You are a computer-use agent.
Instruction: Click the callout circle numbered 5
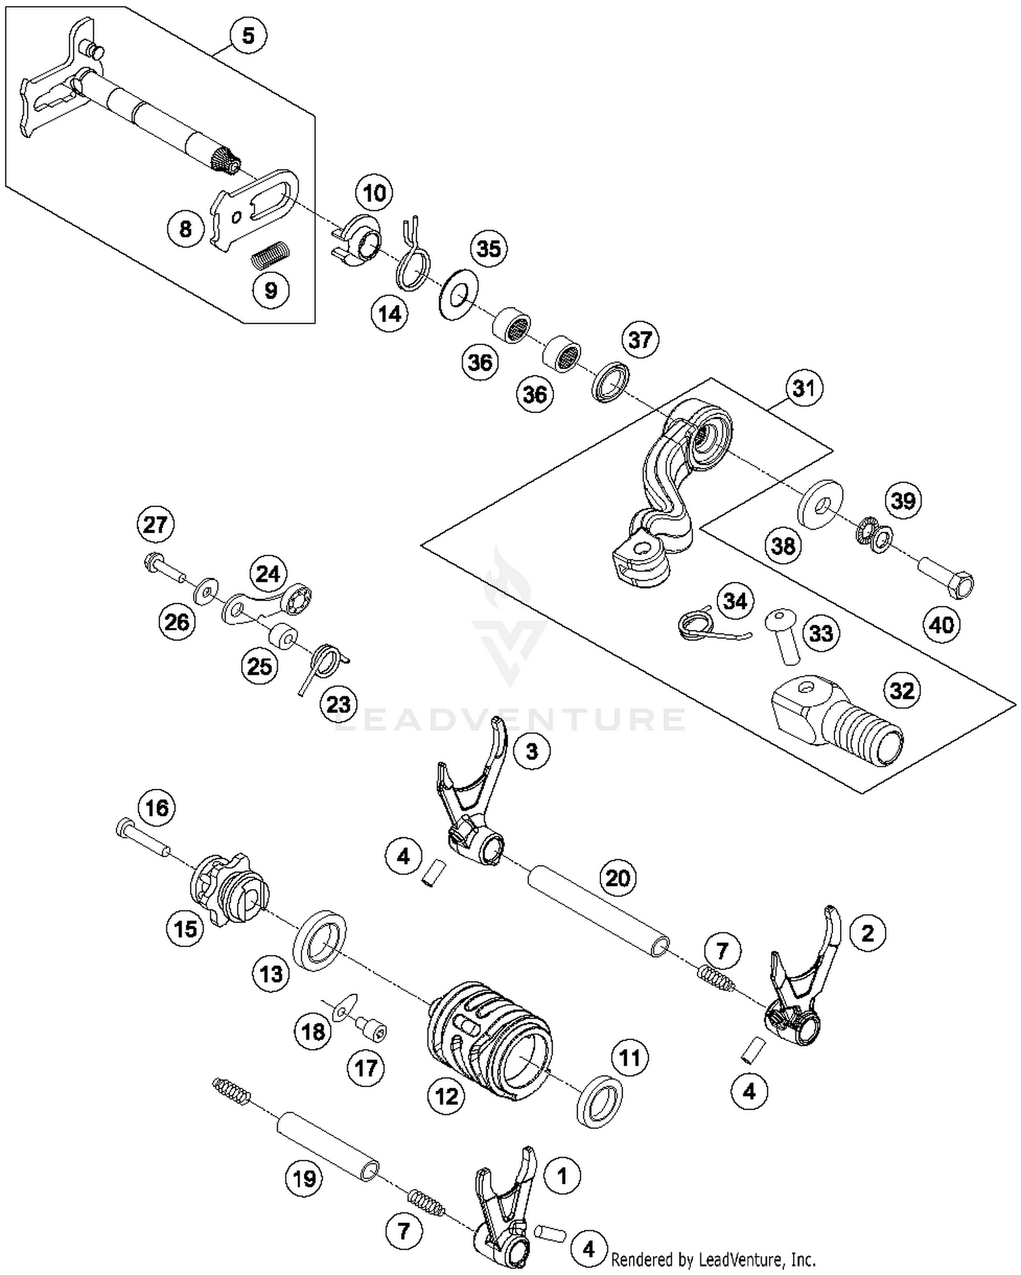pyautogui.click(x=248, y=35)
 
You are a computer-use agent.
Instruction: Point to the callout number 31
pyautogui.click(x=804, y=389)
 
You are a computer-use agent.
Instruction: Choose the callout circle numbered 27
pyautogui.click(x=155, y=525)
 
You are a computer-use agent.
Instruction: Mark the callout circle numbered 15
pyautogui.click(x=185, y=929)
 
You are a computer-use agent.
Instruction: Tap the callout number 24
pyautogui.click(x=268, y=575)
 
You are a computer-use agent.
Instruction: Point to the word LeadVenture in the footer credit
pyautogui.click(x=735, y=1259)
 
